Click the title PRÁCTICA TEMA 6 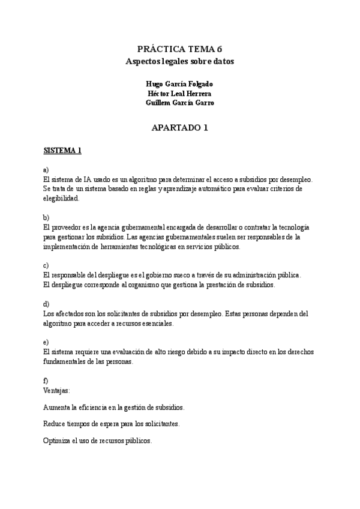[x=179, y=49]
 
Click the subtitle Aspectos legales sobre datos [x=179, y=61]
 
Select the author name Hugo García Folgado [x=179, y=83]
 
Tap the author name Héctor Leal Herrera [x=179, y=93]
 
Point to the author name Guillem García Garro [x=179, y=103]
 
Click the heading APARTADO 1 [x=179, y=127]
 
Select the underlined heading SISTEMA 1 [x=62, y=151]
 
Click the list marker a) [x=46, y=170]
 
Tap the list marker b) [x=46, y=217]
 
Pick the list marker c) [x=46, y=265]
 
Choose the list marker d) [x=46, y=304]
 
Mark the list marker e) [x=46, y=342]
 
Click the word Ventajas [x=56, y=390]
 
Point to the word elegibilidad [x=61, y=198]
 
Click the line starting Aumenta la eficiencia [x=114, y=408]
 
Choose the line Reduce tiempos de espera [x=111, y=424]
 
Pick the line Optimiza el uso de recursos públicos [x=98, y=441]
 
